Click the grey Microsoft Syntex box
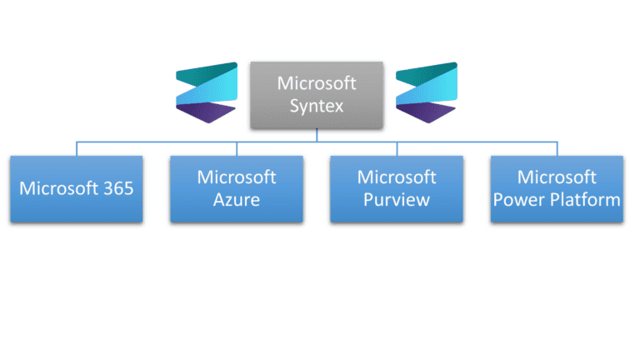point(316,95)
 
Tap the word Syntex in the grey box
point(316,106)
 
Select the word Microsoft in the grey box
point(316,84)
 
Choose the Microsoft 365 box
point(76,188)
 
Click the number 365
point(116,188)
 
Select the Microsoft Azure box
point(236,188)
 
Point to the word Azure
point(236,200)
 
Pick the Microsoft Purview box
point(396,188)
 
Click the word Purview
point(396,200)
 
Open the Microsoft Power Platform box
point(556,188)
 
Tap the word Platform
point(588,200)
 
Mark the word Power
point(522,200)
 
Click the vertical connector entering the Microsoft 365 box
point(77,148)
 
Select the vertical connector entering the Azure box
point(237,148)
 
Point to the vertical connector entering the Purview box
point(397,148)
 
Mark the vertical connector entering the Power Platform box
point(557,148)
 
